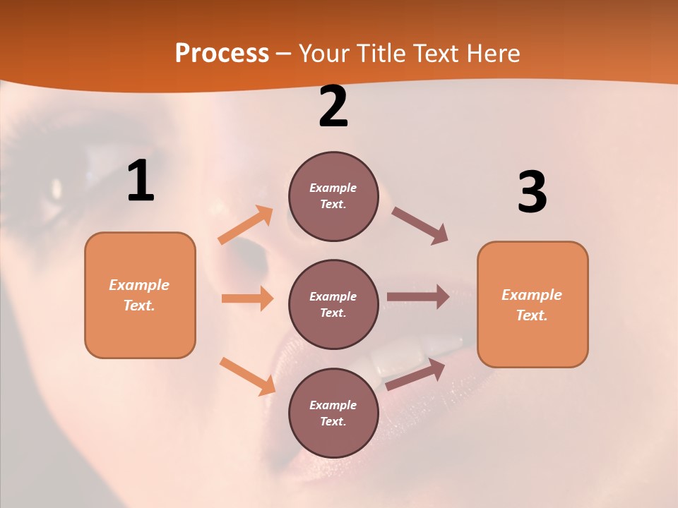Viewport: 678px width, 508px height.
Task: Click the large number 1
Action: pyautogui.click(x=141, y=181)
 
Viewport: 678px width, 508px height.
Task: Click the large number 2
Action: pyautogui.click(x=333, y=107)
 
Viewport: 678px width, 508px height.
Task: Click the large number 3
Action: pyautogui.click(x=532, y=193)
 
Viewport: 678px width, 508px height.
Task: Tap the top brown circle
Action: pyautogui.click(x=333, y=196)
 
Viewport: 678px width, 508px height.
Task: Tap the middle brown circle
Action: pyautogui.click(x=333, y=304)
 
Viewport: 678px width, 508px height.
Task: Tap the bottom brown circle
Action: pyautogui.click(x=333, y=413)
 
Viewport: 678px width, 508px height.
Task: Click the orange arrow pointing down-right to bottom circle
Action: pyautogui.click(x=247, y=375)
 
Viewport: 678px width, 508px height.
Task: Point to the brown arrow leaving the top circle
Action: pyautogui.click(x=420, y=226)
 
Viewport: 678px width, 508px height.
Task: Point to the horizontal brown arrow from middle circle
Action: pyautogui.click(x=418, y=297)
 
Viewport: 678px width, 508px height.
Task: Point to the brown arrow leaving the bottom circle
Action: pyautogui.click(x=416, y=374)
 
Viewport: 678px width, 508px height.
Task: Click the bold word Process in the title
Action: pyautogui.click(x=222, y=54)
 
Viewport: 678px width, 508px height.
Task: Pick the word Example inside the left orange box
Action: pyautogui.click(x=139, y=285)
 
